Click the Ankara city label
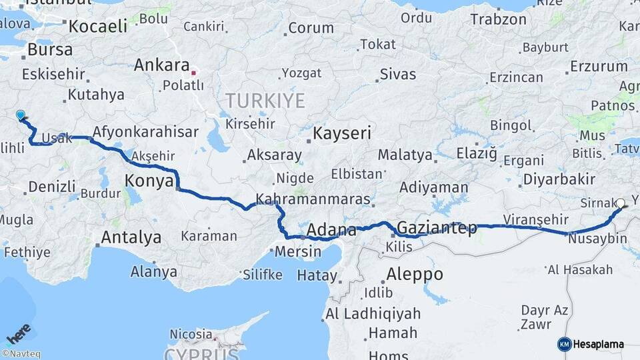point(161,65)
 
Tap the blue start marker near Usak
point(21,115)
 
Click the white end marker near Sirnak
point(621,203)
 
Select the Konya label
point(149,181)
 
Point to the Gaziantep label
point(437,228)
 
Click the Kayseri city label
point(342,133)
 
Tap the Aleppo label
point(414,274)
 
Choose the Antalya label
point(131,237)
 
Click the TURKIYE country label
point(265,101)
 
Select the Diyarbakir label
point(559,179)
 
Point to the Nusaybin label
point(598,239)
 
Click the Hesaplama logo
point(591,344)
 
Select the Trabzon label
point(498,19)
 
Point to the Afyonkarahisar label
point(145,131)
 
